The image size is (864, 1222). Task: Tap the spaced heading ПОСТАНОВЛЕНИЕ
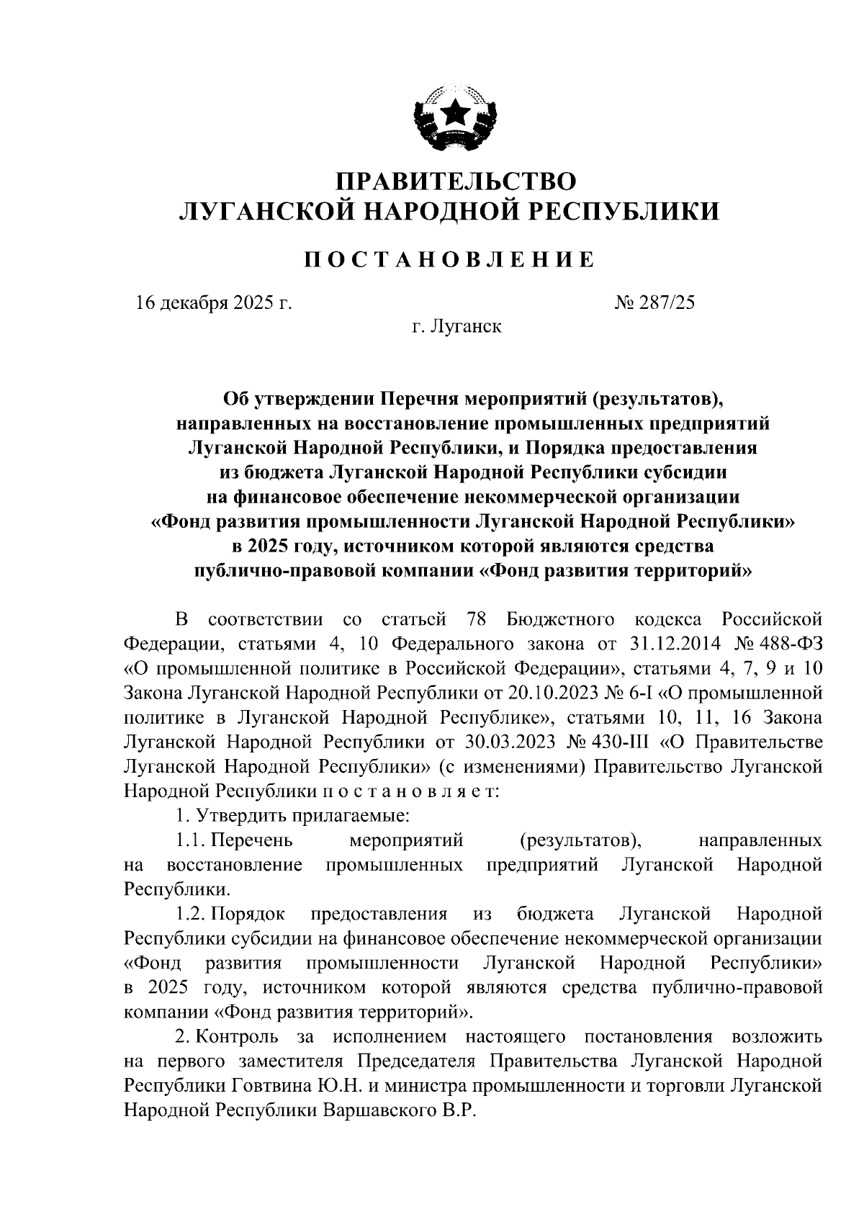(x=448, y=259)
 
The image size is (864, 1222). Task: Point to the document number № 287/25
(x=654, y=302)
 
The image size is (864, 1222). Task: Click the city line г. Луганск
(x=457, y=327)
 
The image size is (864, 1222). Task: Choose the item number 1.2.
(x=192, y=914)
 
